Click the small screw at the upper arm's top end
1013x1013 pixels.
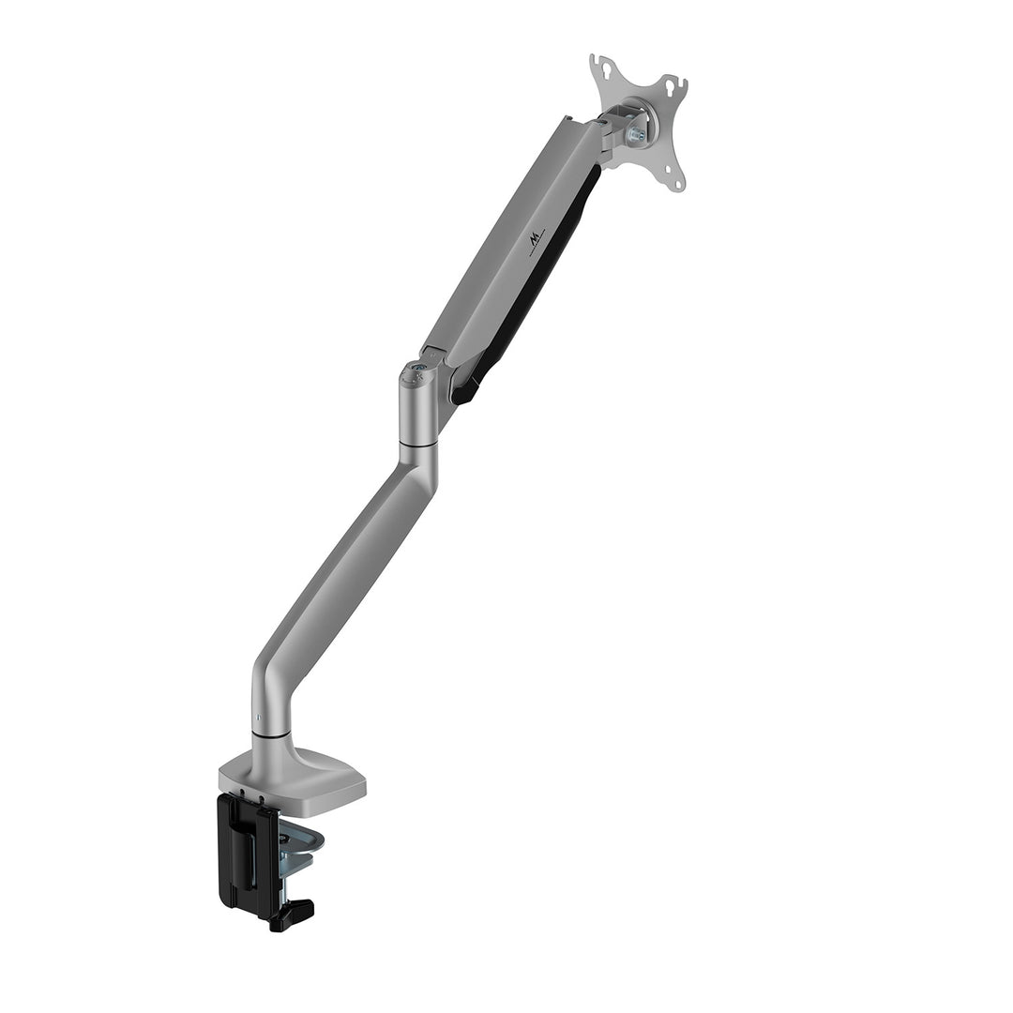click(568, 119)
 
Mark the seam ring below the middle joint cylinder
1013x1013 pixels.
click(417, 443)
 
